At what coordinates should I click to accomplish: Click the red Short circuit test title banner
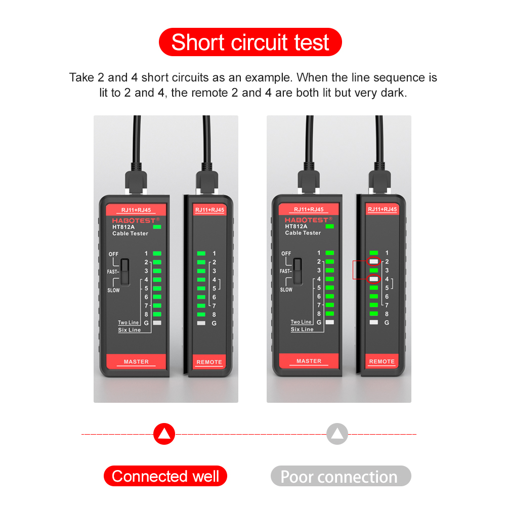tap(250, 42)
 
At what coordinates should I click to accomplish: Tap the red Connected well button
tap(165, 476)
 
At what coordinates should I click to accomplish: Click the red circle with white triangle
tap(164, 434)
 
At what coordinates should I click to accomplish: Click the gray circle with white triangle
tap(337, 434)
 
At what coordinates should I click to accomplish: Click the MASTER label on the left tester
tap(136, 361)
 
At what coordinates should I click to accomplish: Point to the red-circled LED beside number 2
tap(374, 262)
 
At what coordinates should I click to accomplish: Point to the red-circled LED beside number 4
tap(374, 279)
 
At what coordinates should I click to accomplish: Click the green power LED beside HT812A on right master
tap(330, 227)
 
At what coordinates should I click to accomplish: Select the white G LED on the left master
tap(157, 323)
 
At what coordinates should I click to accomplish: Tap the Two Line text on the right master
tap(301, 322)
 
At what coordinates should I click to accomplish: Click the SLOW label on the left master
tap(113, 290)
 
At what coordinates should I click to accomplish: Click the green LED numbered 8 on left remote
tap(201, 314)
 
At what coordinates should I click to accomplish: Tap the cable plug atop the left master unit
tap(136, 182)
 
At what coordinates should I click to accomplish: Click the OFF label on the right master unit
tap(286, 254)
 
